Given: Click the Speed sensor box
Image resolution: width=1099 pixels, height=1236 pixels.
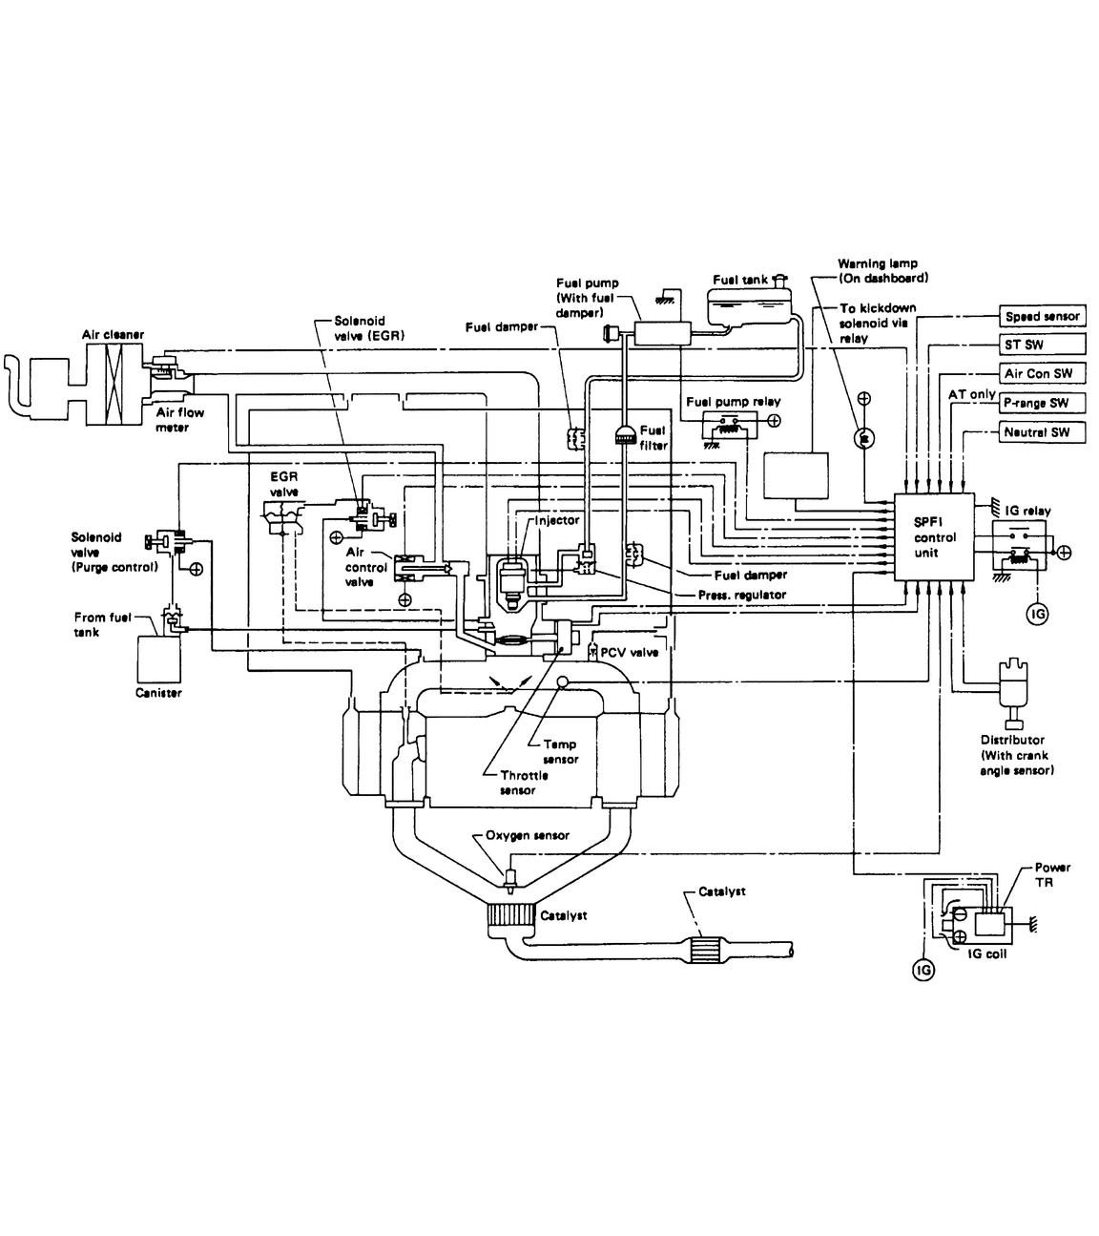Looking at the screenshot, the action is pyautogui.click(x=1043, y=316).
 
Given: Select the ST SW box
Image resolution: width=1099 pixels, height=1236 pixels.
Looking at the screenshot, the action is pyautogui.click(x=1043, y=345).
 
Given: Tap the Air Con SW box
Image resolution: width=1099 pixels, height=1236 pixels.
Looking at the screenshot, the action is pyautogui.click(x=1043, y=373).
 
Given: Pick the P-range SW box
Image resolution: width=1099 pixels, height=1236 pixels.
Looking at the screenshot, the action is pyautogui.click(x=1043, y=403).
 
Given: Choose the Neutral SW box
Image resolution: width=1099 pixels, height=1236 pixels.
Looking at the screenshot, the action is pyautogui.click(x=1043, y=432).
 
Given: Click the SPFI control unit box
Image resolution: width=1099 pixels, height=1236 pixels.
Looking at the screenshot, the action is pyautogui.click(x=934, y=536).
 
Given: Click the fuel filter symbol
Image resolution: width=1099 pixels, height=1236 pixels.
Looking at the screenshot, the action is pyautogui.click(x=625, y=435).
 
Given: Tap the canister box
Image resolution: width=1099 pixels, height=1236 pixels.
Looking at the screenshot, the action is pyautogui.click(x=158, y=659).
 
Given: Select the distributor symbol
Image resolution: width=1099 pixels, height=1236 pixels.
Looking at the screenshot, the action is pyautogui.click(x=1013, y=692).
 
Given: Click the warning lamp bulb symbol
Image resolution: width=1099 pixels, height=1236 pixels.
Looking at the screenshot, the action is pyautogui.click(x=864, y=438).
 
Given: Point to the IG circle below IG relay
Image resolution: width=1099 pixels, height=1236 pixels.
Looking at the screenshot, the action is pyautogui.click(x=1037, y=614).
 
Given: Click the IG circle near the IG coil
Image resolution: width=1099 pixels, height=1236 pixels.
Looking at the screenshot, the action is pyautogui.click(x=923, y=970).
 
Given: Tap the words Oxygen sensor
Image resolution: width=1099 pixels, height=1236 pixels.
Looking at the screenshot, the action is pyautogui.click(x=528, y=835).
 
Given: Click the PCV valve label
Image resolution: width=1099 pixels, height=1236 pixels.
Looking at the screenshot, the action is pyautogui.click(x=630, y=652).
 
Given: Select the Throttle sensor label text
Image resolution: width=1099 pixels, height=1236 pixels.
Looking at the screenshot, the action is pyautogui.click(x=524, y=783).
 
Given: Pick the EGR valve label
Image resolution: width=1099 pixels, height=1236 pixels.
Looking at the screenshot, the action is pyautogui.click(x=284, y=484).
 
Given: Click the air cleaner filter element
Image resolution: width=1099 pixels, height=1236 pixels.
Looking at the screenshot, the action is pyautogui.click(x=114, y=384).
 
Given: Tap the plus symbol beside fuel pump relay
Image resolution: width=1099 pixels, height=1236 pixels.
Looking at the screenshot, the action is pyautogui.click(x=774, y=421).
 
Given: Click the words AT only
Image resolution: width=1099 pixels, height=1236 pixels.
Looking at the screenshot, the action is pyautogui.click(x=971, y=394).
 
